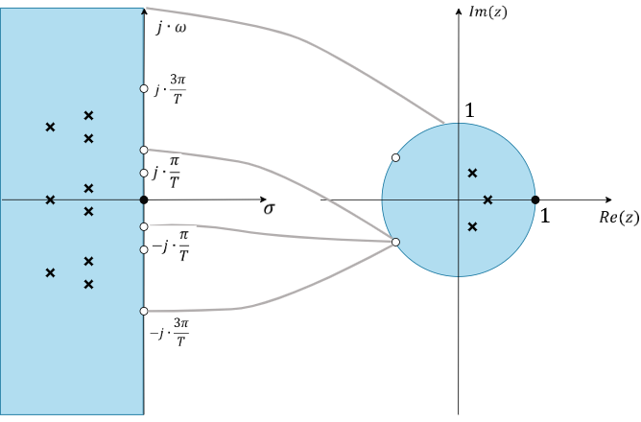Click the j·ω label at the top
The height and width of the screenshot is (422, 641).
coord(172,29)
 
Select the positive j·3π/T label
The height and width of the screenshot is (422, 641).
coord(171,90)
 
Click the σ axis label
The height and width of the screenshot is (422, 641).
coord(271,210)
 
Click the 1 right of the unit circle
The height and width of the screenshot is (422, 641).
coord(544,216)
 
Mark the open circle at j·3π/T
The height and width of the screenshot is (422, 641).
coord(144,88)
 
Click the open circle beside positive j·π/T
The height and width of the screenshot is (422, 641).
coord(144,150)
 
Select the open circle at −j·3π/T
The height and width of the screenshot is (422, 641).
coord(144,311)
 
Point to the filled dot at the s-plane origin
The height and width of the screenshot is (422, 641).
coord(143,199)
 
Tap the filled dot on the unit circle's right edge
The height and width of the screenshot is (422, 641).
coord(534,199)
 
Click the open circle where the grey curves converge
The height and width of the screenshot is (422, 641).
coord(395,243)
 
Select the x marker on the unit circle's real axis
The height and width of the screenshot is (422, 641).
coord(487,199)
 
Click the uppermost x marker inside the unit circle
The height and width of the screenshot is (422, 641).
coord(472,173)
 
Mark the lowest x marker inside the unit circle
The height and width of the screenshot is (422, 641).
coord(472,226)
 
